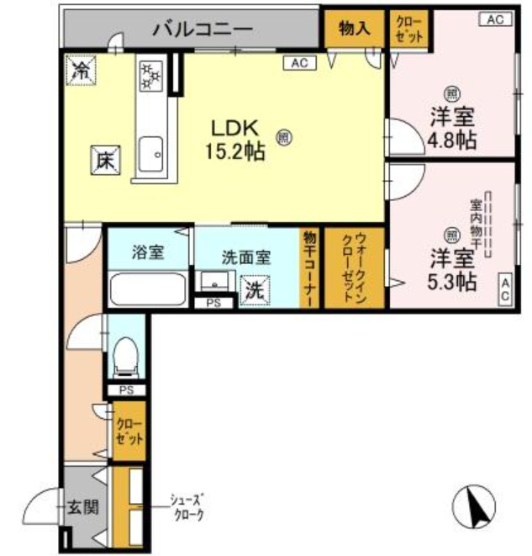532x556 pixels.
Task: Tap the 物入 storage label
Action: pos(354,29)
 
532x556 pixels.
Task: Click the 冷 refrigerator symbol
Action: pos(83,70)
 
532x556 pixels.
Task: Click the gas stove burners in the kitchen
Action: pos(151,75)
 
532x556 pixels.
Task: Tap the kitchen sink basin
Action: pos(151,152)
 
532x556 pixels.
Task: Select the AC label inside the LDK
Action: pos(299,62)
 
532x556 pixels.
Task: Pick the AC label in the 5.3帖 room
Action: pos(506,289)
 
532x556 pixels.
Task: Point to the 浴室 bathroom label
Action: pos(148,251)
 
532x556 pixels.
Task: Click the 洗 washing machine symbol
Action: pos(253,290)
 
